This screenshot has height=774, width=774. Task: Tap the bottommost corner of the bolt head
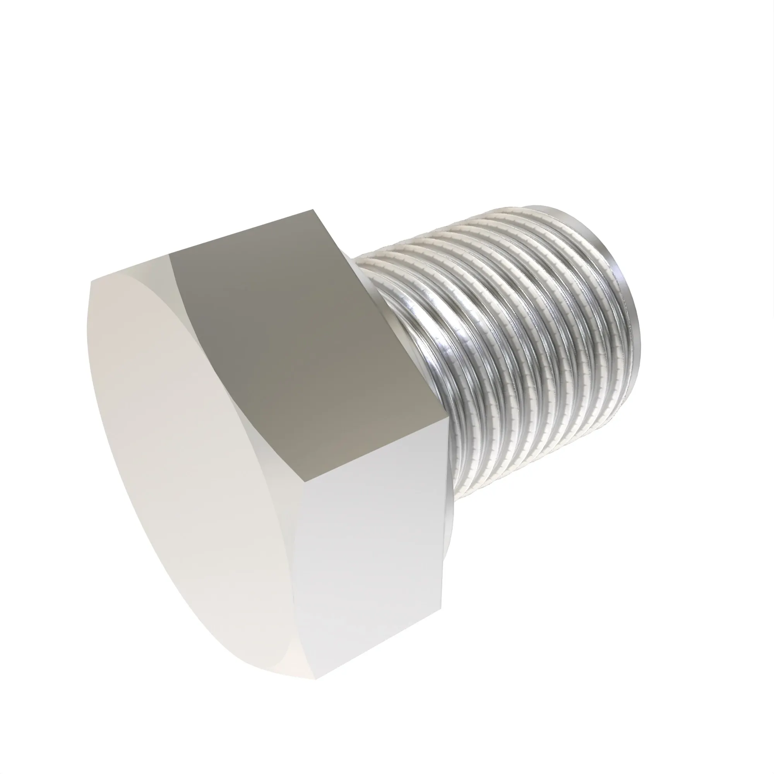315,679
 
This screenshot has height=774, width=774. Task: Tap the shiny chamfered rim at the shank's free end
625,288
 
